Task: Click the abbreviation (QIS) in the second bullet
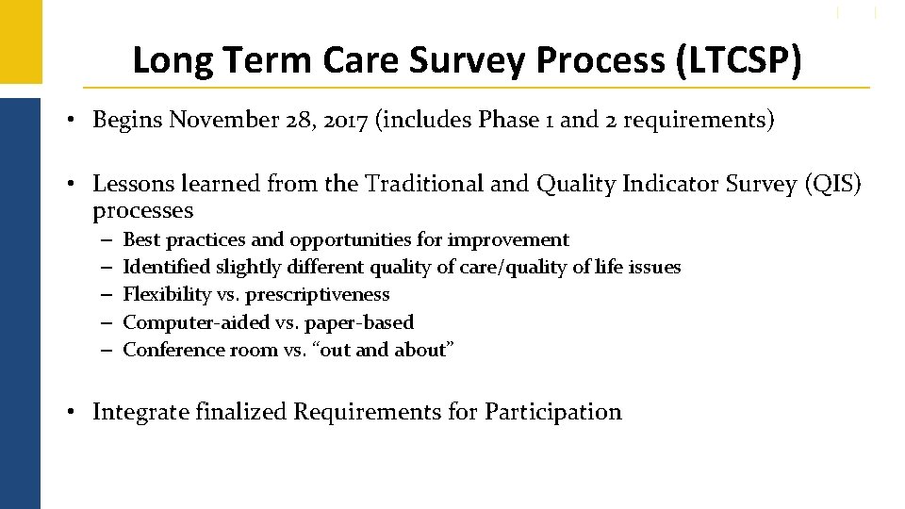pyautogui.click(x=832, y=184)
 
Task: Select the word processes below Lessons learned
pyautogui.click(x=142, y=210)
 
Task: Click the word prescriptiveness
pyautogui.click(x=318, y=295)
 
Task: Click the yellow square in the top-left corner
pyautogui.click(x=20, y=41)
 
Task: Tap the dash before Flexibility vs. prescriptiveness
pyautogui.click(x=102, y=295)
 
